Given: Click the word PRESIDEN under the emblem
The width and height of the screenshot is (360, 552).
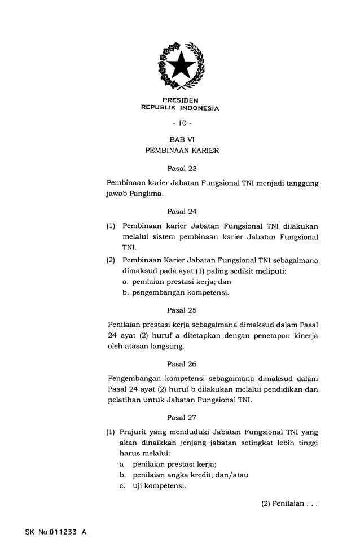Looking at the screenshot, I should tap(180, 101).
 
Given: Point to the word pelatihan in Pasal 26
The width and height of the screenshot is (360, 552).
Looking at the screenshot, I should tap(124, 401).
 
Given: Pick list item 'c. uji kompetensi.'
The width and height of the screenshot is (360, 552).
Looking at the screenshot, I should tap(152, 486).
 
